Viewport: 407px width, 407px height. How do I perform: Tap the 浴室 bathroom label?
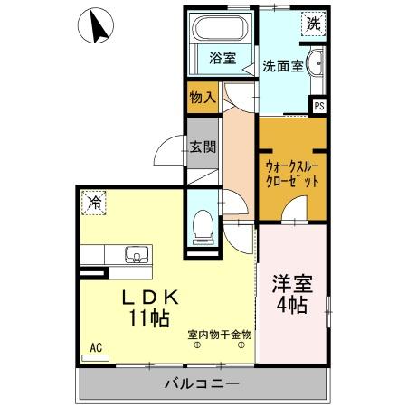click(222, 61)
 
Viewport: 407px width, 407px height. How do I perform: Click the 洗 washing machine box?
click(312, 24)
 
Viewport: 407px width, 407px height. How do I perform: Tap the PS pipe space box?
click(317, 106)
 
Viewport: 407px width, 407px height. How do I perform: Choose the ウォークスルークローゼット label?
click(292, 173)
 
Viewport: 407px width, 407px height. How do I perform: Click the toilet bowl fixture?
click(203, 222)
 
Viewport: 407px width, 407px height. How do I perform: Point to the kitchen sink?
click(134, 254)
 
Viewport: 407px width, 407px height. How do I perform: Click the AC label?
click(95, 346)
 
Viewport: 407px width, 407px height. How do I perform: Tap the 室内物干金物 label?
click(220, 336)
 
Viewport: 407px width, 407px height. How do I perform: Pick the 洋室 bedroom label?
click(291, 282)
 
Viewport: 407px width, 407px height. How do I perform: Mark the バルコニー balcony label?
click(203, 383)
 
